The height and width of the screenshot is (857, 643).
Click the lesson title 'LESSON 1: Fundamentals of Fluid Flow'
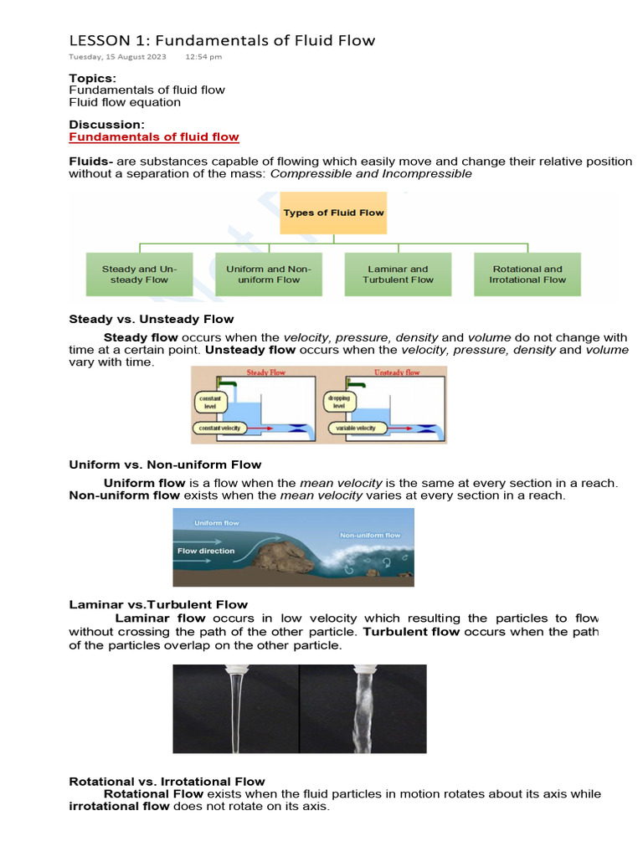pyautogui.click(x=222, y=40)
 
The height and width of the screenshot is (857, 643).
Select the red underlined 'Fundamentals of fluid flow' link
pyautogui.click(x=153, y=136)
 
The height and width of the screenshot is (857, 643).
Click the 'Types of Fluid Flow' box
pyautogui.click(x=333, y=213)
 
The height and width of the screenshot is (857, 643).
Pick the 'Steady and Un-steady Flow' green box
pyautogui.click(x=139, y=275)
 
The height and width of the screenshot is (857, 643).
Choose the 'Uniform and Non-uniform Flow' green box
pyautogui.click(x=268, y=275)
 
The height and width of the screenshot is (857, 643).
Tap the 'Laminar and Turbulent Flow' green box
pyautogui.click(x=398, y=275)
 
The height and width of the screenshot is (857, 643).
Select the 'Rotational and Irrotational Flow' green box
pyautogui.click(x=527, y=275)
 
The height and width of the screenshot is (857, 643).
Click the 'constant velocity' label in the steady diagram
pyautogui.click(x=219, y=428)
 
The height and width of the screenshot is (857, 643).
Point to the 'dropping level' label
pyautogui.click(x=338, y=402)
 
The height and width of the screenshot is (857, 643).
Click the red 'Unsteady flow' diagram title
pyautogui.click(x=396, y=372)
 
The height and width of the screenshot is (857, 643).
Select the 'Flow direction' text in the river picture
pyautogui.click(x=206, y=552)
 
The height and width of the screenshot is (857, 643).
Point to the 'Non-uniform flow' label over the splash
pyautogui.click(x=369, y=535)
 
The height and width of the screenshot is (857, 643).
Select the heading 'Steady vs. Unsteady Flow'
pyautogui.click(x=151, y=319)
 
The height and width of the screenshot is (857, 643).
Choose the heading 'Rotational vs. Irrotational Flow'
pyautogui.click(x=167, y=782)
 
